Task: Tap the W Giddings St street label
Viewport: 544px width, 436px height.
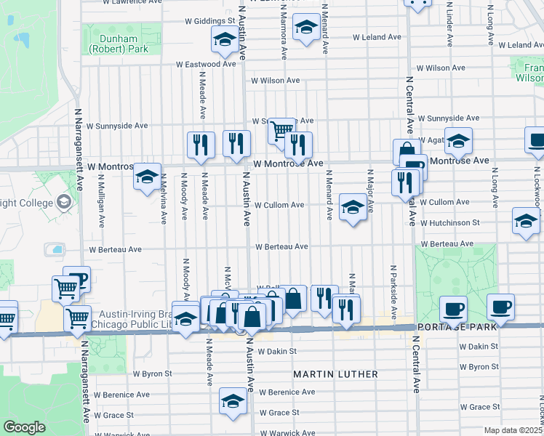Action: coord(209,20)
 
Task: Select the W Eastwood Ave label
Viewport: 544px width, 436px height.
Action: coord(207,64)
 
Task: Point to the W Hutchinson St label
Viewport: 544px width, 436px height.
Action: coord(449,222)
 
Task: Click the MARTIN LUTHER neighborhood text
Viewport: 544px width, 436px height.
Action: coord(335,374)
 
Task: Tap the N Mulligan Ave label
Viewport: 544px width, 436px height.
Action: coord(101,211)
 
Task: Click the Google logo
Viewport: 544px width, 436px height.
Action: coord(24,427)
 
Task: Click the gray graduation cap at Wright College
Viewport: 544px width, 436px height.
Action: coord(63,201)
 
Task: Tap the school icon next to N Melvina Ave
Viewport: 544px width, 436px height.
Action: coord(146,175)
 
